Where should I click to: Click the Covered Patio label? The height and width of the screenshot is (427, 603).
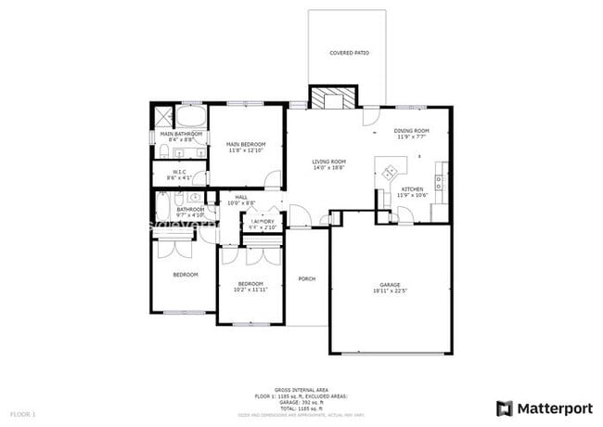click(349, 53)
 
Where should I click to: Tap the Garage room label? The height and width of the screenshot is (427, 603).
click(390, 284)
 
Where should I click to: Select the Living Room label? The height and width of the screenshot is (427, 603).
click(328, 162)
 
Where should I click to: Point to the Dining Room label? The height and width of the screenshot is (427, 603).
click(412, 131)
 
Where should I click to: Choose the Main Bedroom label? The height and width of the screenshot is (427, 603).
click(246, 144)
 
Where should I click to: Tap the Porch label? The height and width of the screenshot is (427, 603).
click(306, 278)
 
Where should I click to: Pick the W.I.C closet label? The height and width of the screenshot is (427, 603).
click(178, 172)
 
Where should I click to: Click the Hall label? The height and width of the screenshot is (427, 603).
click(241, 197)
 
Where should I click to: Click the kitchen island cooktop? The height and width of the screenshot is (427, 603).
click(391, 171)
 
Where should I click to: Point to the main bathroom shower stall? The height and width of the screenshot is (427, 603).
click(163, 116)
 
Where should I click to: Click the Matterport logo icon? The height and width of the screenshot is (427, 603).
click(505, 408)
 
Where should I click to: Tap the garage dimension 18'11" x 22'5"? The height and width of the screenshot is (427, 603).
click(390, 291)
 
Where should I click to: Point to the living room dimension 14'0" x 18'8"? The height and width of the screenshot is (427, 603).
click(328, 168)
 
